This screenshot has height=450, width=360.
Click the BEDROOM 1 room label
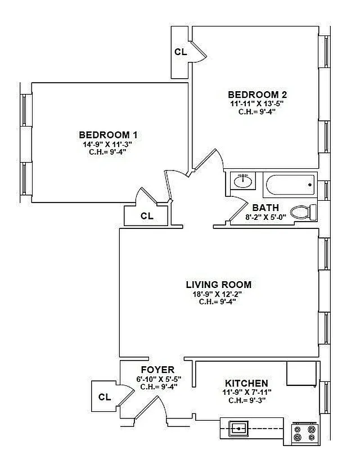click(108, 135)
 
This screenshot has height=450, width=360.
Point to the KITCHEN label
click(246, 382)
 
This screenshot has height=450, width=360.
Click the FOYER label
click(153, 370)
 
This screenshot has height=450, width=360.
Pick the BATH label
click(265, 208)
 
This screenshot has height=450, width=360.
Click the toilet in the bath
click(306, 212)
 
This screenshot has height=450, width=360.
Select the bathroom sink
click(242, 181)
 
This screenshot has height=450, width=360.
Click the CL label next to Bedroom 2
click(180, 52)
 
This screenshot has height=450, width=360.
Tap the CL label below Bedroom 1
click(147, 216)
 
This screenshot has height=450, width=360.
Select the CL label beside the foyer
click(105, 397)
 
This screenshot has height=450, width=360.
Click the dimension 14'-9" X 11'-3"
click(108, 144)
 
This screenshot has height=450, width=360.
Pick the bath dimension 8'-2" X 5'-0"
click(265, 217)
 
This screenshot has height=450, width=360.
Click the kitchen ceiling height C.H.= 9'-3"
click(246, 400)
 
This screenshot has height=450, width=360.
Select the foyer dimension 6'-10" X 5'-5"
click(153, 379)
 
